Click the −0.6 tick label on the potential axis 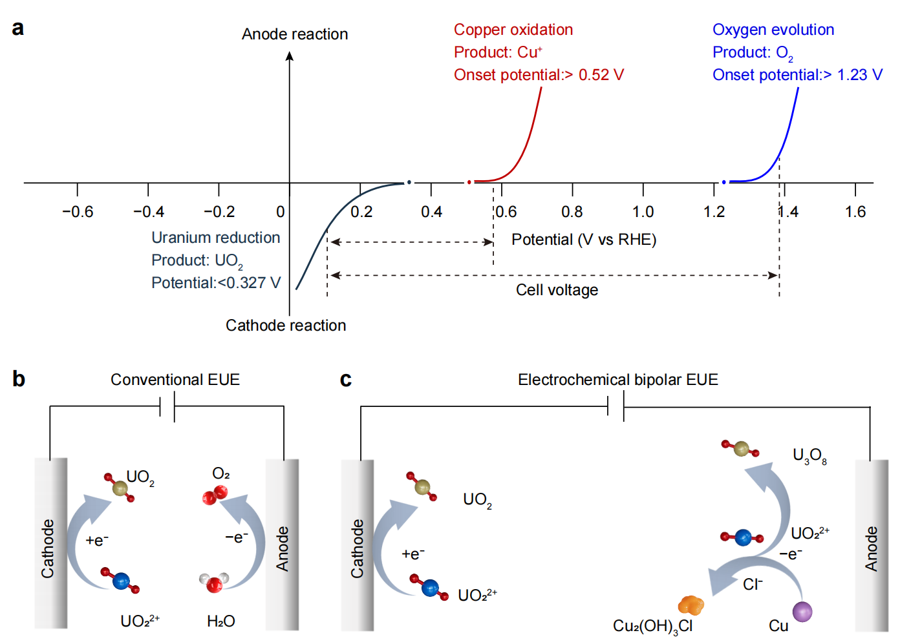point(78,212)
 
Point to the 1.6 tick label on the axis point(855,212)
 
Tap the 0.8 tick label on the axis point(572,212)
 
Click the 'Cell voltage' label point(557,290)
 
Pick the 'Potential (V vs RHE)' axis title point(584,240)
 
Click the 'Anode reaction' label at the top point(295,34)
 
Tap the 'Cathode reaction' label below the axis point(286,326)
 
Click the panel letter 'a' point(18,28)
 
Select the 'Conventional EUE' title point(175,380)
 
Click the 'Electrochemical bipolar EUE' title point(617,380)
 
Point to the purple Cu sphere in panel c point(802,611)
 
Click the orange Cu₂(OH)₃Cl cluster point(691,605)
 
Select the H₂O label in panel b point(220,621)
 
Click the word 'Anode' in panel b point(283,548)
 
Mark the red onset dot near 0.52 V point(469,182)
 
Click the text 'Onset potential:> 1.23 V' point(797,75)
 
